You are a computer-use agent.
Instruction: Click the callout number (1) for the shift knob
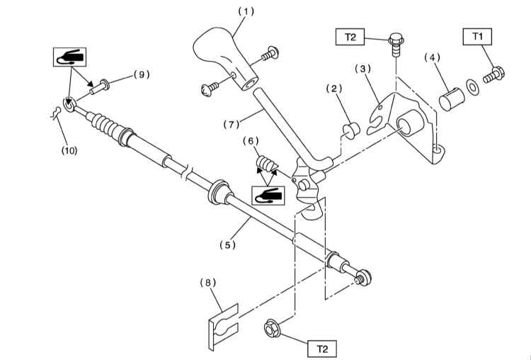(x=246, y=11)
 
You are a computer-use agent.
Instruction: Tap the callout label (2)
(x=334, y=89)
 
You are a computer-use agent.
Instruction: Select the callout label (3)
(x=362, y=69)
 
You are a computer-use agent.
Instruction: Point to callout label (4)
(x=432, y=57)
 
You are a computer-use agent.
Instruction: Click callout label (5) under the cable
(x=227, y=244)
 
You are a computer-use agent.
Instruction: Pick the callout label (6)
(x=251, y=141)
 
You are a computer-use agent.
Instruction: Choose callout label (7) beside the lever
(x=232, y=125)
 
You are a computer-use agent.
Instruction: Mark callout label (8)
(x=207, y=283)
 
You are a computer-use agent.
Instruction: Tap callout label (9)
(x=141, y=74)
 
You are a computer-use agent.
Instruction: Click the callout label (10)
(x=69, y=150)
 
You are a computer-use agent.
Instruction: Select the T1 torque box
(x=477, y=37)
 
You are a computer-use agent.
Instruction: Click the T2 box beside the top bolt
(x=350, y=37)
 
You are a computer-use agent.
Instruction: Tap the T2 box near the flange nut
(x=322, y=349)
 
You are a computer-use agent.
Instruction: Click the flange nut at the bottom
(x=272, y=328)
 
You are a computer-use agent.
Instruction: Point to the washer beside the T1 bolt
(x=472, y=87)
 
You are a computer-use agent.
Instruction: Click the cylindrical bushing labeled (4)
(x=452, y=99)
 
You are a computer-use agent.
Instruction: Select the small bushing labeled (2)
(x=352, y=131)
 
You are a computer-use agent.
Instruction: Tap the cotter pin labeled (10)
(x=55, y=113)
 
